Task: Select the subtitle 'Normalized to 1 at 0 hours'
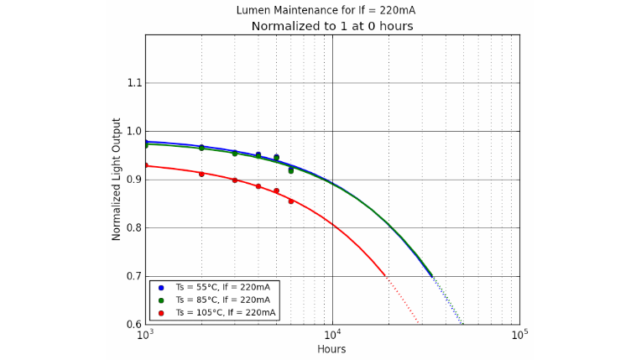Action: (x=332, y=26)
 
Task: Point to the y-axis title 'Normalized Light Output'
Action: (x=117, y=179)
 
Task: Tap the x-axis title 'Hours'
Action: (x=331, y=349)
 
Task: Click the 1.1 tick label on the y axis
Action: (x=133, y=83)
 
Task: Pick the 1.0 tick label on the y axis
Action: (x=133, y=131)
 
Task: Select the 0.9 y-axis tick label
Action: (x=133, y=180)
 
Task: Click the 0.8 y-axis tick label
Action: (x=133, y=228)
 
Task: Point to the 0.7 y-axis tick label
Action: (x=133, y=276)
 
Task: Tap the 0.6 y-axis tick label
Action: (x=133, y=325)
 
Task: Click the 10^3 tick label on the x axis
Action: (x=145, y=336)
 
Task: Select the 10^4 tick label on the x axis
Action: (x=332, y=336)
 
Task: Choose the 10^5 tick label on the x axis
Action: (x=519, y=336)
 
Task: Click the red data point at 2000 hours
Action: (x=201, y=174)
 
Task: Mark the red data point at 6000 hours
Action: (x=291, y=201)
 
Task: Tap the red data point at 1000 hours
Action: (x=145, y=165)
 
